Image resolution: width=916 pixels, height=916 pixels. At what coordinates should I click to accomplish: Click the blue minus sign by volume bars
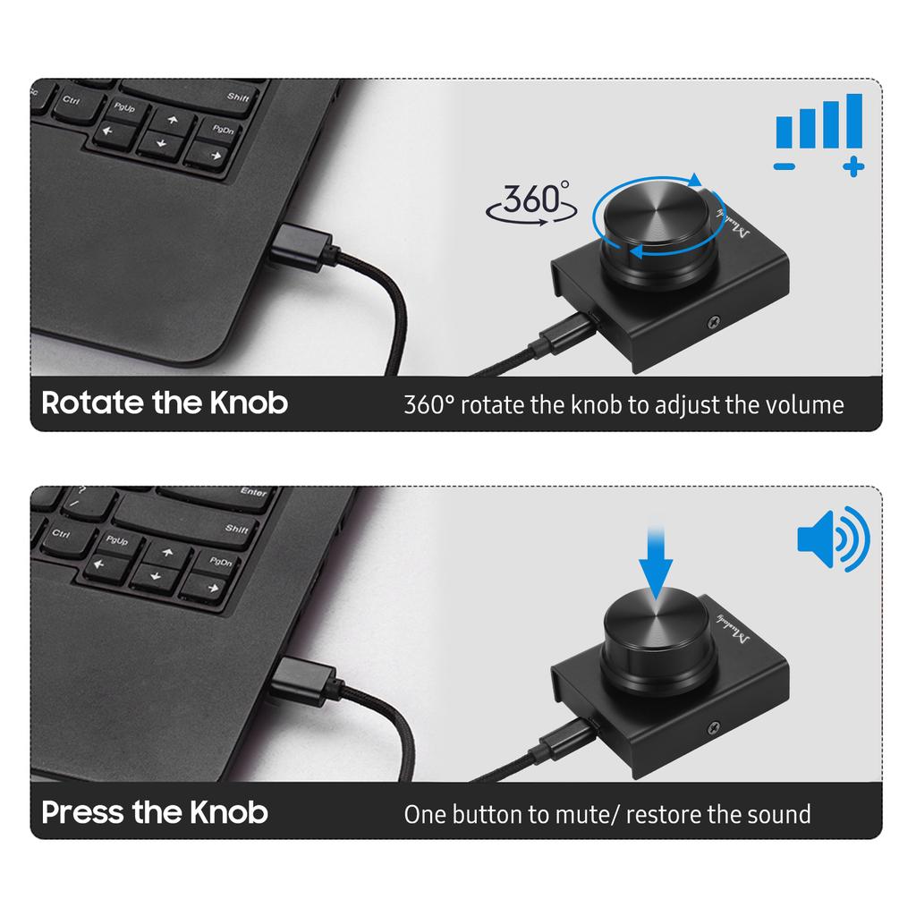(x=785, y=166)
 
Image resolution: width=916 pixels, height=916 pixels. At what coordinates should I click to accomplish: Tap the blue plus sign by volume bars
(x=853, y=165)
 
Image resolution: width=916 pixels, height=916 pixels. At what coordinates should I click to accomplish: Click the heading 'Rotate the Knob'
(x=165, y=403)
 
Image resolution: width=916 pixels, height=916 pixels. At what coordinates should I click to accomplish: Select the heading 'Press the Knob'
(x=155, y=812)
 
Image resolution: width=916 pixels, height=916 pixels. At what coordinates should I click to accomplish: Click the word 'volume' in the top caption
(x=805, y=405)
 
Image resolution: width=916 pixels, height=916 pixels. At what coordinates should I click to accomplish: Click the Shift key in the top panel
(x=238, y=97)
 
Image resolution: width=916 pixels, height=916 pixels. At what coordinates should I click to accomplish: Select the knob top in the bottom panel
(x=657, y=625)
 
